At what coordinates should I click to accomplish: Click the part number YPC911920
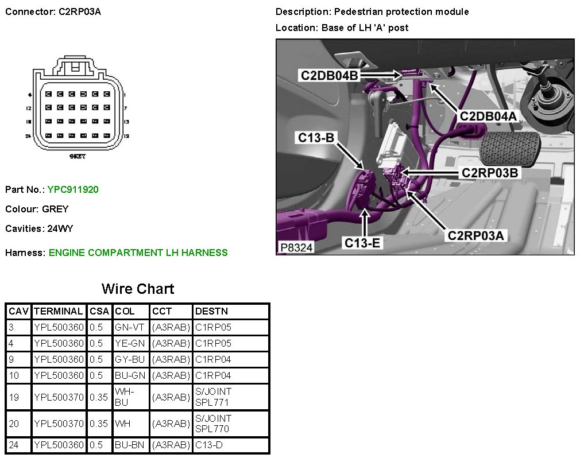click(73, 189)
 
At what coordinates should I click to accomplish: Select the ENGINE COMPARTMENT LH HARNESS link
click(138, 253)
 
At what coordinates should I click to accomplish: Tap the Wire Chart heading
click(137, 289)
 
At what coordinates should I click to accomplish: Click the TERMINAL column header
click(59, 311)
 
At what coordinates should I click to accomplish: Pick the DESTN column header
click(211, 311)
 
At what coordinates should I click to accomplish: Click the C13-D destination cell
click(209, 445)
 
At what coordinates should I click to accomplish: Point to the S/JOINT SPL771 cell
click(213, 397)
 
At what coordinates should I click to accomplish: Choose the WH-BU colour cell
click(125, 397)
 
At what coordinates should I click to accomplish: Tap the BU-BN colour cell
click(130, 445)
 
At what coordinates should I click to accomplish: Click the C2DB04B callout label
click(330, 75)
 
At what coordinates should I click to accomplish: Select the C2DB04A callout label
click(488, 116)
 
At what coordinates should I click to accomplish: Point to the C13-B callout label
click(316, 138)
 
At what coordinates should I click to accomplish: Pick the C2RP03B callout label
click(491, 172)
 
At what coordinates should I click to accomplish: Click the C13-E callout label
click(362, 243)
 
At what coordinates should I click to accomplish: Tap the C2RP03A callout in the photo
click(477, 235)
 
